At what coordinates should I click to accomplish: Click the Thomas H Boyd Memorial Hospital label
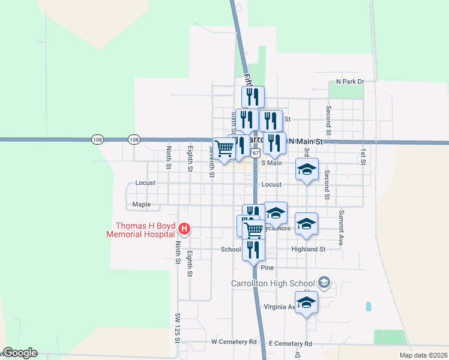140,230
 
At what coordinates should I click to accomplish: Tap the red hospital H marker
185,229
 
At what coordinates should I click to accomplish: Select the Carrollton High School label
273,283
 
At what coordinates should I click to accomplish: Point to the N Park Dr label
350,81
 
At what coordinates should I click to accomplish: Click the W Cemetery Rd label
234,341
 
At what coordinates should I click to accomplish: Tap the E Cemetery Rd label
291,344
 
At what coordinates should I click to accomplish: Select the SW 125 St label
178,328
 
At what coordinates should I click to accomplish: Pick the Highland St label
308,249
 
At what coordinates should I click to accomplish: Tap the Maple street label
142,205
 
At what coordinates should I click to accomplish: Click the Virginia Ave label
280,307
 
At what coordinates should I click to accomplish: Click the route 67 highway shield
256,153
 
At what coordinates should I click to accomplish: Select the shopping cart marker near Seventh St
224,148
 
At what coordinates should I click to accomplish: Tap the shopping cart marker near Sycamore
254,229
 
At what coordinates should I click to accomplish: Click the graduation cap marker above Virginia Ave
306,301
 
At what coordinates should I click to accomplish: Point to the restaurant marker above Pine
253,248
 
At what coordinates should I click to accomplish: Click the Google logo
20,353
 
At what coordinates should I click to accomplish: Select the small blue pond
367,306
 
